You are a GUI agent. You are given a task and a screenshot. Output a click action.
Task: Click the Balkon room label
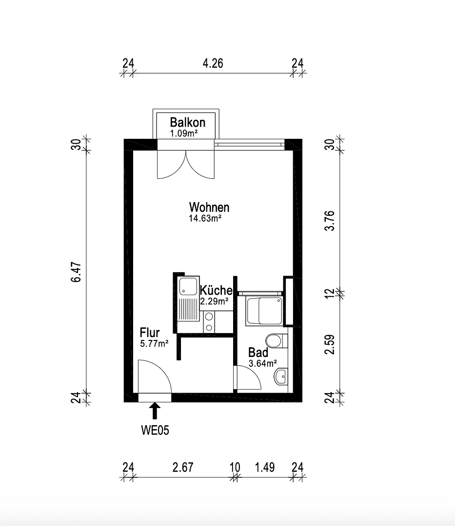coord(187,123)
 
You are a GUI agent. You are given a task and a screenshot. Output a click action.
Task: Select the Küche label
coord(216,290)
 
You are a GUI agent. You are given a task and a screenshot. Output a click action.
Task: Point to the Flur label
coord(150,333)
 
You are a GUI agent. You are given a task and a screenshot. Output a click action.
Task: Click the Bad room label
coord(258,353)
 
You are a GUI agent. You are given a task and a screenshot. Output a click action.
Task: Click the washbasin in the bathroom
coord(281,376)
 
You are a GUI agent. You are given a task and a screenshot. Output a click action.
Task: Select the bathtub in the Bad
coord(264,310)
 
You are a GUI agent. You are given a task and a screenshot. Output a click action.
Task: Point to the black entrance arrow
coord(155,410)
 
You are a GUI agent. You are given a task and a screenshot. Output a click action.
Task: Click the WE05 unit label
coord(156,430)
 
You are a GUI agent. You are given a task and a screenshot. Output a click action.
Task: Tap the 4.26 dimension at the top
coord(213,63)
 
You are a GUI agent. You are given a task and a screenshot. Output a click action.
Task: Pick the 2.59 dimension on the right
coord(331,343)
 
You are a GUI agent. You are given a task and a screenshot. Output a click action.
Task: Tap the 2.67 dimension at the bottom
coord(183,468)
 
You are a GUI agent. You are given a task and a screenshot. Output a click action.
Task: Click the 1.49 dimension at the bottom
coord(265,468)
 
